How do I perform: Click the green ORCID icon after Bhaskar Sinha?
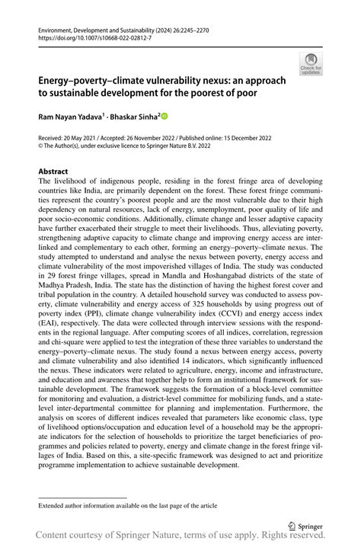(x=163, y=117)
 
